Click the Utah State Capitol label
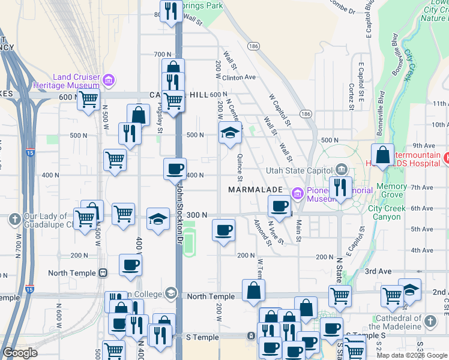coord(299,170)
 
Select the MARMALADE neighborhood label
coord(255,190)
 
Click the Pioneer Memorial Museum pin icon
coord(296,193)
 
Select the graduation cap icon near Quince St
coord(229,133)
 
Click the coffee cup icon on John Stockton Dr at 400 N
coord(175,169)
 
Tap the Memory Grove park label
coord(391,191)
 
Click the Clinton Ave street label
coord(239,77)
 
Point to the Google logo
coord(20,353)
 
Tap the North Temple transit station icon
coord(103,273)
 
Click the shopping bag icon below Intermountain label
coord(382,155)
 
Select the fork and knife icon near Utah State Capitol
coord(340,187)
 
